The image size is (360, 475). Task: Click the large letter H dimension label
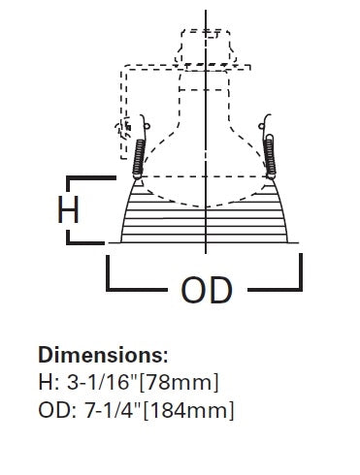coord(68,209)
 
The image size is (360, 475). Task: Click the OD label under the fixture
coord(207,290)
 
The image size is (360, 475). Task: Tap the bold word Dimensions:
coord(104,355)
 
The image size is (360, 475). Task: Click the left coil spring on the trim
coord(139,158)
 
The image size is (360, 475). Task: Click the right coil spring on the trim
coord(270,156)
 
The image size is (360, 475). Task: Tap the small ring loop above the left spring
coord(147,126)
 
